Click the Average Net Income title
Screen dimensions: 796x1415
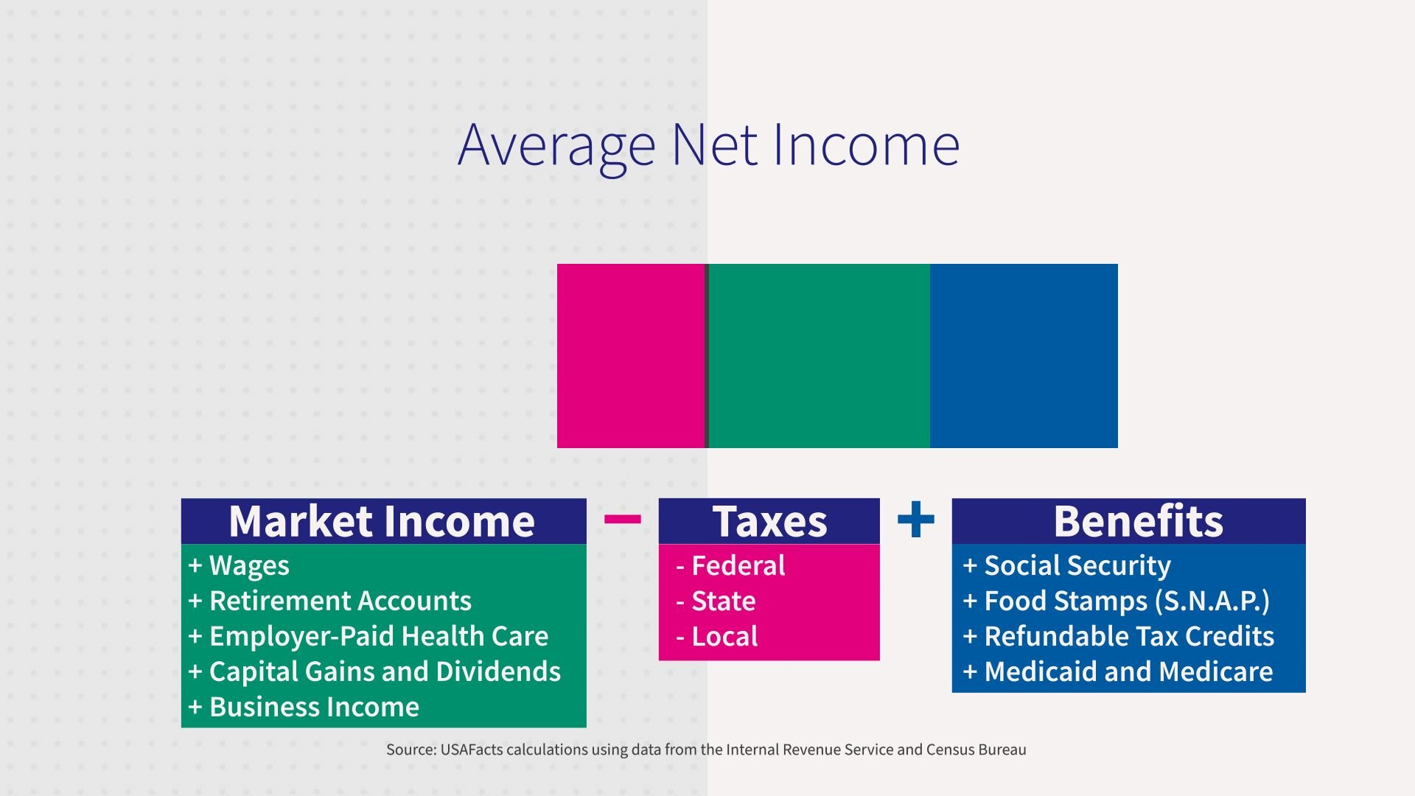click(x=708, y=145)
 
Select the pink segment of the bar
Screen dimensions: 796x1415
click(x=631, y=356)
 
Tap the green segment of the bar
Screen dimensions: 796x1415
click(x=819, y=356)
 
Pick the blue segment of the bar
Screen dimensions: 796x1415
click(x=1024, y=356)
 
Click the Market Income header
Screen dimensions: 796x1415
click(x=382, y=521)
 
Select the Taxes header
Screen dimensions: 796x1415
click(x=769, y=521)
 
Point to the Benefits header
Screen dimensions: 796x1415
click(x=1138, y=521)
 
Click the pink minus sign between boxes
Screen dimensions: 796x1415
click(x=622, y=520)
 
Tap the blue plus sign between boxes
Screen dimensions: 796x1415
click(x=916, y=520)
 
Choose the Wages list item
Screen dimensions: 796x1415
click(x=248, y=565)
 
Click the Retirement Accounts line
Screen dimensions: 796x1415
click(x=339, y=601)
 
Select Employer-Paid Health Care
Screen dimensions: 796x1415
click(x=378, y=636)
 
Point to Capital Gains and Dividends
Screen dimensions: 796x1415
click(x=384, y=671)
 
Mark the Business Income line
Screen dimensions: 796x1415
click(x=313, y=707)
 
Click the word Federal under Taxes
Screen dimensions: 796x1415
click(x=738, y=566)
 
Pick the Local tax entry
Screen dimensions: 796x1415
click(x=724, y=637)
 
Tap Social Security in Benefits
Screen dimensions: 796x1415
click(x=1077, y=565)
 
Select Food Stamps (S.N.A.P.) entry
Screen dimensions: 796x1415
click(x=1126, y=601)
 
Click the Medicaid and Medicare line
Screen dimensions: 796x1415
click(x=1128, y=671)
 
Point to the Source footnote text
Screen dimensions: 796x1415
click(x=706, y=750)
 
